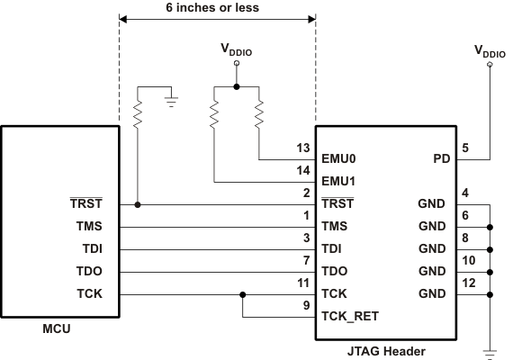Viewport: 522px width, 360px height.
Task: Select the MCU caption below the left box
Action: tap(58, 328)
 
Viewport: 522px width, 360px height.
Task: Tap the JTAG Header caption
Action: tap(387, 351)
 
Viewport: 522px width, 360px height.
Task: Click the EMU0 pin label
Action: tap(340, 158)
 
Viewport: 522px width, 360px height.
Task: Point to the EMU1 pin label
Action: tap(340, 181)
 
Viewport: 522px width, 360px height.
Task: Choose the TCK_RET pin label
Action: tap(350, 317)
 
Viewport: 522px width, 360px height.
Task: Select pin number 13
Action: tap(304, 149)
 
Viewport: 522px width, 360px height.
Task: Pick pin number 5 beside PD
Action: tap(465, 149)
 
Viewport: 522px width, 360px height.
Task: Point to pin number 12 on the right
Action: tap(468, 284)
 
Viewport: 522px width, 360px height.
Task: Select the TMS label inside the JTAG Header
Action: tap(336, 227)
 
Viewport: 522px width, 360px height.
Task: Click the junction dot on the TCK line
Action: tap(243, 294)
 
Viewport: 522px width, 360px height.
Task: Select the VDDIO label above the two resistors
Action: tap(237, 51)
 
